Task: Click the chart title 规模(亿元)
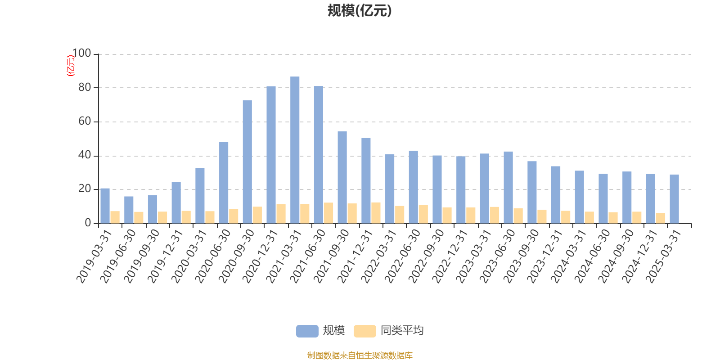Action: [x=360, y=11]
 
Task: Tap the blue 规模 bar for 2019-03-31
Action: [x=105, y=206]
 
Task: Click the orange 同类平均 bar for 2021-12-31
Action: [x=376, y=213]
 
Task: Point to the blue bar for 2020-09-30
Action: [x=247, y=162]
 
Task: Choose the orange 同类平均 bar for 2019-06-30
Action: [x=139, y=217]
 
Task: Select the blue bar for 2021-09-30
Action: [x=342, y=177]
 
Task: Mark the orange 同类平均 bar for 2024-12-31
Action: [x=660, y=218]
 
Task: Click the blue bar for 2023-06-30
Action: [x=508, y=187]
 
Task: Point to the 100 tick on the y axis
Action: [x=81, y=54]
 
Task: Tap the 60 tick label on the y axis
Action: [x=84, y=121]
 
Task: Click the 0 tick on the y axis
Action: [x=88, y=223]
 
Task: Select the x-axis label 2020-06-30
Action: [x=213, y=256]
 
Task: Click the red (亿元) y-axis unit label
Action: [x=71, y=66]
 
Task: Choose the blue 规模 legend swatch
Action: [x=307, y=331]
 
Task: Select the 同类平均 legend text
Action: [x=402, y=331]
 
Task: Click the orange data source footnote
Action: [x=360, y=355]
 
